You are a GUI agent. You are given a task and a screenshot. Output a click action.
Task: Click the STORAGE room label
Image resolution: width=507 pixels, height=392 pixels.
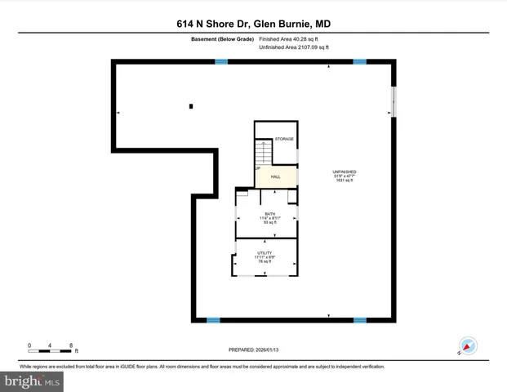(x=283, y=139)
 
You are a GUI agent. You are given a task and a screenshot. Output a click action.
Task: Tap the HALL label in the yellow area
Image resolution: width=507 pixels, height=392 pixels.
(x=275, y=176)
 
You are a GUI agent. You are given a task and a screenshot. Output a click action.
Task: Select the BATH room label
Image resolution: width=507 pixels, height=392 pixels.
(x=269, y=213)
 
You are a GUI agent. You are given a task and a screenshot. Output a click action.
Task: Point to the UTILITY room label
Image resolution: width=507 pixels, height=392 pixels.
(x=265, y=253)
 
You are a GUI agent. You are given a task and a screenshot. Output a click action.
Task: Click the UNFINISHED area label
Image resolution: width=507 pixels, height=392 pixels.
(x=345, y=171)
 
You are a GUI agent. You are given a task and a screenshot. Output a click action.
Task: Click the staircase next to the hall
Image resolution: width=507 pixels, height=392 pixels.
(x=263, y=153)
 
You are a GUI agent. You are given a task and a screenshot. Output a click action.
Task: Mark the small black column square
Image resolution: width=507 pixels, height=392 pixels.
(x=191, y=106)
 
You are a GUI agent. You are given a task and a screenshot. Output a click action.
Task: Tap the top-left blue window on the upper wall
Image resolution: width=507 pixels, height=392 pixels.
(x=220, y=62)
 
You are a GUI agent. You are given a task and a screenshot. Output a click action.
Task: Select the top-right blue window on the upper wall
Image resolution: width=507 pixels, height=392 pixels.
(x=359, y=62)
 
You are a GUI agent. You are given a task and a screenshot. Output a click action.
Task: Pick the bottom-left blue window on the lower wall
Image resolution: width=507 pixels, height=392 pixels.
(x=213, y=320)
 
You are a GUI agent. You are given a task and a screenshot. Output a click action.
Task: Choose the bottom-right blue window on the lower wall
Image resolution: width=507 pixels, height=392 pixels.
(x=359, y=320)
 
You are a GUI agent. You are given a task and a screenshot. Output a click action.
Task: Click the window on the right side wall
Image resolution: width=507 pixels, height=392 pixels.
(x=393, y=102)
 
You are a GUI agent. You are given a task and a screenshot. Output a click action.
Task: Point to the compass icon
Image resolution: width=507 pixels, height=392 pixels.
(x=467, y=345)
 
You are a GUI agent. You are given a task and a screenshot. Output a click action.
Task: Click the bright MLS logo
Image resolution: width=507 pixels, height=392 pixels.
(x=32, y=381)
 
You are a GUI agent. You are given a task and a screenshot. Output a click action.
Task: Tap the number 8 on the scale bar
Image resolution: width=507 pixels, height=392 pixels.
(x=72, y=345)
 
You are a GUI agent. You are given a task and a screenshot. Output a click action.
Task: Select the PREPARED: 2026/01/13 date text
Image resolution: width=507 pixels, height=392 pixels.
(x=253, y=350)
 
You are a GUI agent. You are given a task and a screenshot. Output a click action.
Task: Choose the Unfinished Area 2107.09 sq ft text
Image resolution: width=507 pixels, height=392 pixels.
(x=293, y=48)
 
